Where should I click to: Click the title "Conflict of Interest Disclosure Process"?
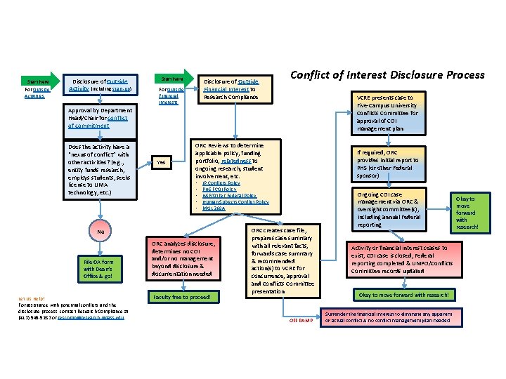tap(387, 75)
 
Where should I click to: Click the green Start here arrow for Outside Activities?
tap(34, 81)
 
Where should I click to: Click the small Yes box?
tap(162, 162)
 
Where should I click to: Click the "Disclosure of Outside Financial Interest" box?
tap(232, 88)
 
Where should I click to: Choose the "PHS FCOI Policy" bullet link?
tap(220, 189)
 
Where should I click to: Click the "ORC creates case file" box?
tap(280, 260)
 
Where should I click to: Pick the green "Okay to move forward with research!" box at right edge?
tap(467, 213)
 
